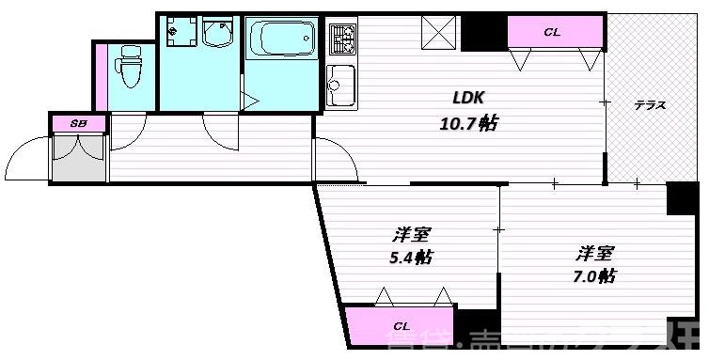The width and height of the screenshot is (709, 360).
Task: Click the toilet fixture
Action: (126, 68)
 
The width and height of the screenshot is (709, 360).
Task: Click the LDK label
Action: (468, 96)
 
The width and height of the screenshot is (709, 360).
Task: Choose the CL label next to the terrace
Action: (552, 33)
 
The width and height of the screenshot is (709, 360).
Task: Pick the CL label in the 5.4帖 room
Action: (402, 327)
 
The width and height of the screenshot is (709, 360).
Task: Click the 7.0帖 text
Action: (594, 276)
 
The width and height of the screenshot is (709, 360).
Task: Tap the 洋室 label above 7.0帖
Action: (595, 252)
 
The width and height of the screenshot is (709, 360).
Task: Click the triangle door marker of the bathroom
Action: (248, 98)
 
